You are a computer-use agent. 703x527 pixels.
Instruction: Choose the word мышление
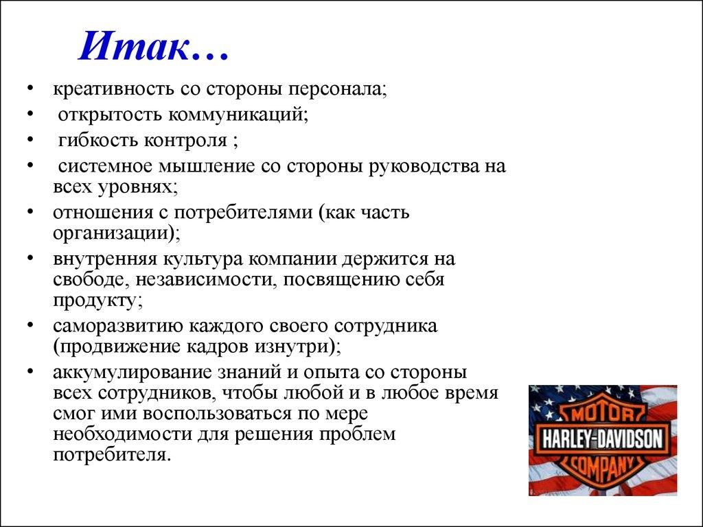point(207,167)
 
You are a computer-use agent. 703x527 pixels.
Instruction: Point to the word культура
point(203,260)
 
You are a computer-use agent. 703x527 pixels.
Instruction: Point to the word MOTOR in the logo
point(602,414)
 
